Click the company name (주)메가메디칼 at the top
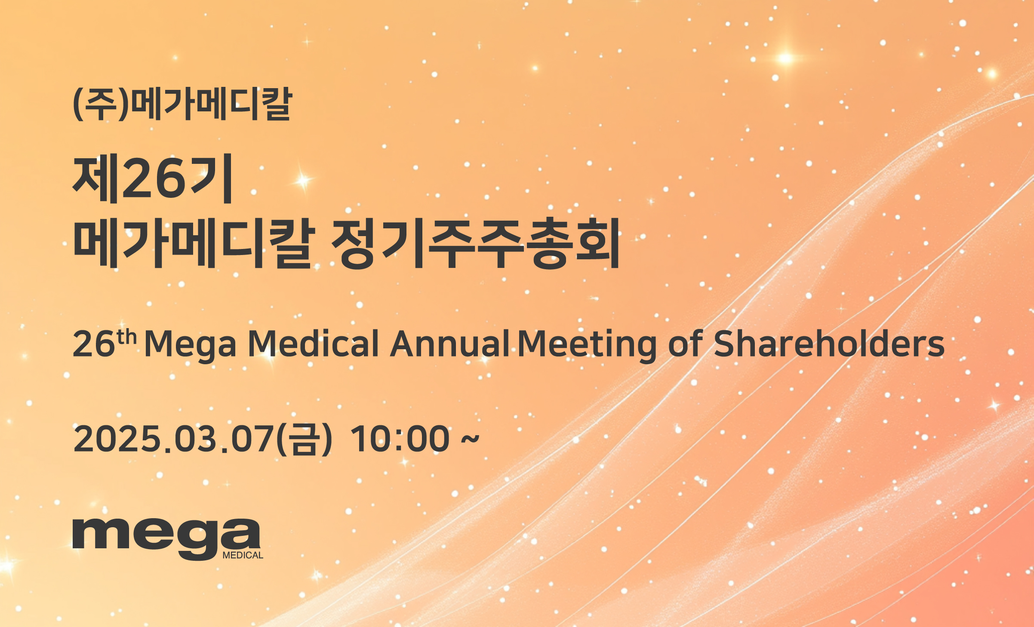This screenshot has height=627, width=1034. click(183, 104)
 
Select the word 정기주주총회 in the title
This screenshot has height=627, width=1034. click(476, 243)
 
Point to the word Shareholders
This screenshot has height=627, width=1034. click(829, 344)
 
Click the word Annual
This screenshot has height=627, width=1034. click(449, 344)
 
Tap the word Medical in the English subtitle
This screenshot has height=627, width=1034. click(314, 344)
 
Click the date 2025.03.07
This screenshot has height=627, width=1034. click(174, 439)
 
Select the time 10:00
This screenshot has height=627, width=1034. click(400, 439)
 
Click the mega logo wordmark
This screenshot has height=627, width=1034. click(166, 539)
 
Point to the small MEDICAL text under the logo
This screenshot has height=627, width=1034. click(243, 555)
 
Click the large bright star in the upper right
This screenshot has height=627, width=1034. click(785, 58)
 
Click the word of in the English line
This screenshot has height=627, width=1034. click(685, 344)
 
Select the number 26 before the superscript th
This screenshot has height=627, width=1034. click(94, 344)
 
